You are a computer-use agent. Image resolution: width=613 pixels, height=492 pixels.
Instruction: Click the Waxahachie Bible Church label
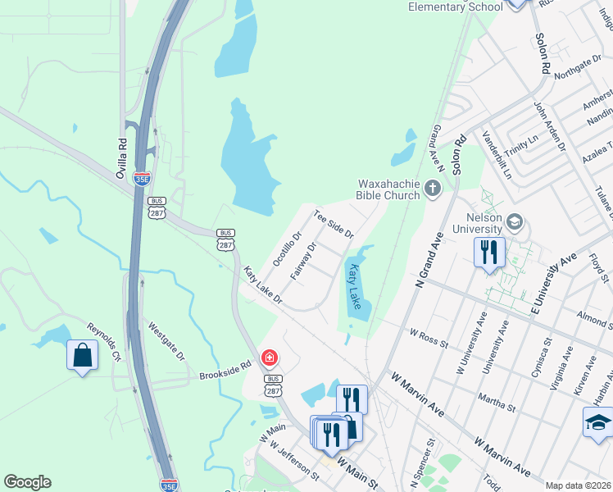pos(388,189)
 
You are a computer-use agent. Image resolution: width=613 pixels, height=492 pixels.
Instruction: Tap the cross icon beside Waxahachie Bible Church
pos(434,190)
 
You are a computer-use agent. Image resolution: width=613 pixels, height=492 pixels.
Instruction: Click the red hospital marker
pos(269,358)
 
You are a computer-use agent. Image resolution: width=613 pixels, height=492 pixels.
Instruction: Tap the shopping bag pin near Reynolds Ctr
pos(82,355)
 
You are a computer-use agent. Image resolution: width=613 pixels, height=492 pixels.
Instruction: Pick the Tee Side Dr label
pos(334,223)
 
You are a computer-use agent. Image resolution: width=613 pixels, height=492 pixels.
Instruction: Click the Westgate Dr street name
pos(167,340)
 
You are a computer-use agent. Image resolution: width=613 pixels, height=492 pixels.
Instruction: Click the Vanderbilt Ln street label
pos(496,156)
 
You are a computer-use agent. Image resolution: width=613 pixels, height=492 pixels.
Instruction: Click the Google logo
pos(27,482)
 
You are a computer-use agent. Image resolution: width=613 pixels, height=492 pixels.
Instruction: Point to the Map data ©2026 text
pos(578,485)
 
